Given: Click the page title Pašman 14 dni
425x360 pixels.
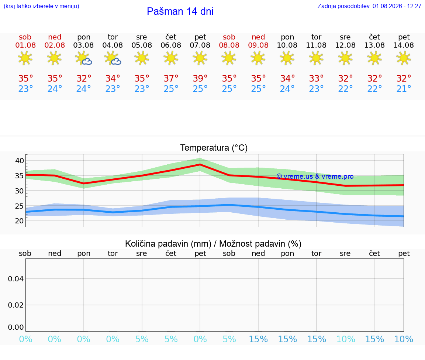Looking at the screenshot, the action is click(180, 11).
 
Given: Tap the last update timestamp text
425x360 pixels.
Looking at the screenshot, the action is click(369, 6).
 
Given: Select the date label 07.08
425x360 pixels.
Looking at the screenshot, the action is click(200, 45).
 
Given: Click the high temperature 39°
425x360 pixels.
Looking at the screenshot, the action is click(200, 78).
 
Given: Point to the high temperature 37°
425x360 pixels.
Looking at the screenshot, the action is click(171, 78).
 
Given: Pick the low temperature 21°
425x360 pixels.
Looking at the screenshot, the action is click(404, 89).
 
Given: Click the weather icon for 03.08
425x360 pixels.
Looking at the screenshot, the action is click(83, 58).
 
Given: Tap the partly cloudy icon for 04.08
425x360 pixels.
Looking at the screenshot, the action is click(113, 58).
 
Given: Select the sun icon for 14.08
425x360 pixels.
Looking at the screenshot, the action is click(404, 58).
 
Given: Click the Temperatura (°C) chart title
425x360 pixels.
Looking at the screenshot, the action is click(214, 148).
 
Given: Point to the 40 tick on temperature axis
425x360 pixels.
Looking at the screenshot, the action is click(20, 161).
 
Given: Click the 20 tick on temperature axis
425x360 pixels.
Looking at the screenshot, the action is click(20, 221).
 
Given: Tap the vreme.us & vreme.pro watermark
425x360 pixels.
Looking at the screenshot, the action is click(315, 176).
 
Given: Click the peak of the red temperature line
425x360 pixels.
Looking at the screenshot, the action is click(200, 164).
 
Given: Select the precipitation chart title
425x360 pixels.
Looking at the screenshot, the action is click(213, 244).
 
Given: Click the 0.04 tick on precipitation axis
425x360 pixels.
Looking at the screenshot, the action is click(16, 279).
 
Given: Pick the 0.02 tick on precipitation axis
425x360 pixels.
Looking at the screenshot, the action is click(16, 305).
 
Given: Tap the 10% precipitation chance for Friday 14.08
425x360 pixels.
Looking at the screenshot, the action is click(404, 339).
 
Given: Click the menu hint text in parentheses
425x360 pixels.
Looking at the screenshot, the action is click(41, 6).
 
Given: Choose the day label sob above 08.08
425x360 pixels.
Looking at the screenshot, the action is click(229, 37).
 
